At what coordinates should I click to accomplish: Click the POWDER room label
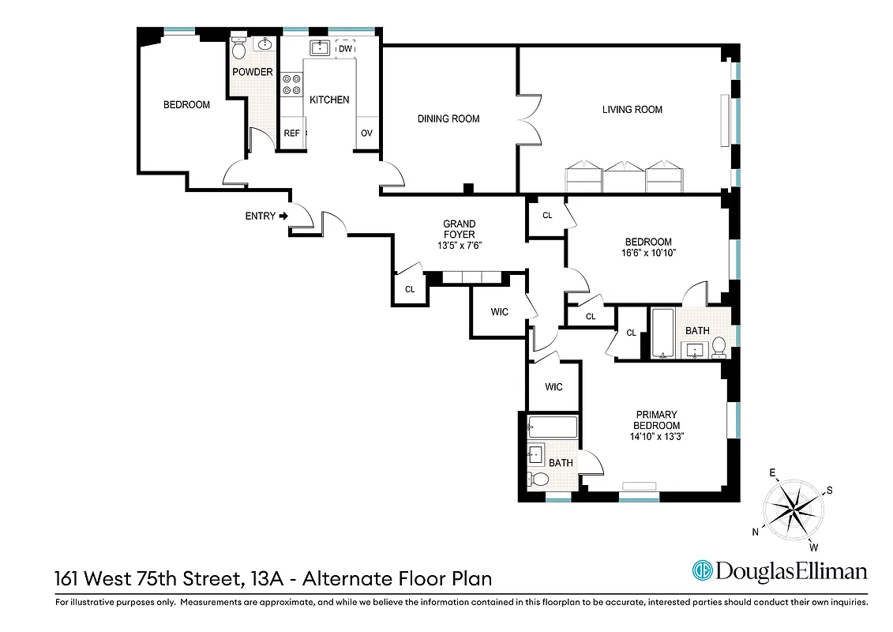coord(253,72)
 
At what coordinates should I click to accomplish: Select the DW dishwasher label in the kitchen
coord(345,49)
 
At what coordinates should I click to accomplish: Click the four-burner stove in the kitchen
coord(291,84)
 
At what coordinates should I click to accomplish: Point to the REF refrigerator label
coord(291,134)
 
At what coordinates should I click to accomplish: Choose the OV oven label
coord(366,134)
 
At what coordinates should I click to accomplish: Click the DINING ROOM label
coord(448,119)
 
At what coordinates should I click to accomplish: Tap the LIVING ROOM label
coord(632,110)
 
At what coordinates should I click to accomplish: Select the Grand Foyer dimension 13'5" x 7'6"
coord(459,246)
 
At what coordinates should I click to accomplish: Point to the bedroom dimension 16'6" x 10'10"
coord(648,253)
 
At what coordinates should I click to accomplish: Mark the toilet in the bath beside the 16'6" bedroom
coord(719,346)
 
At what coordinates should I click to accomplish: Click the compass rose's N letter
coord(756,532)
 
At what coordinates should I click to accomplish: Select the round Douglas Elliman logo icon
coord(702,570)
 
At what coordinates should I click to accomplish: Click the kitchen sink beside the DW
coord(319,49)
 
